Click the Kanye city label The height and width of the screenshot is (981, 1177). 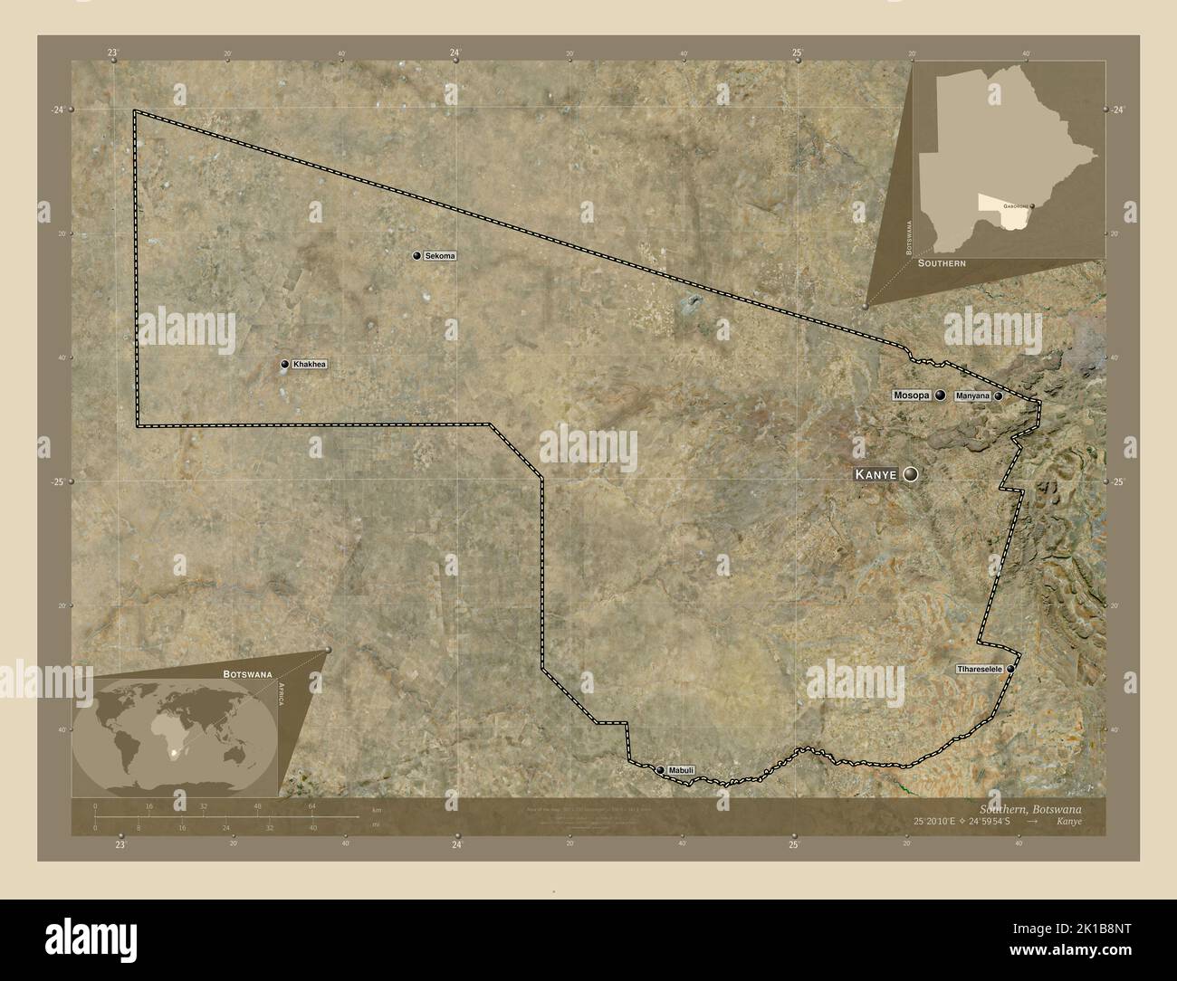click(876, 474)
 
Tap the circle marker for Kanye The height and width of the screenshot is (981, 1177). click(909, 474)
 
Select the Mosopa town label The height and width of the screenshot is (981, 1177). click(911, 395)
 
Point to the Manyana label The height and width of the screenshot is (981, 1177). click(971, 396)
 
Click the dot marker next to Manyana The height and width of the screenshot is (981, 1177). click(998, 396)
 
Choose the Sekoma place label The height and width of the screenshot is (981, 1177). click(440, 256)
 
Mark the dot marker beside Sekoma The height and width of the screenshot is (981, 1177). click(416, 256)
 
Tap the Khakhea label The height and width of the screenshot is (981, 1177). click(309, 365)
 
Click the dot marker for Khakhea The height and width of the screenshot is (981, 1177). click(284, 365)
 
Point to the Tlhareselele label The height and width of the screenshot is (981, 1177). click(980, 669)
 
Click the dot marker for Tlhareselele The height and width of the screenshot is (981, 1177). click(1010, 669)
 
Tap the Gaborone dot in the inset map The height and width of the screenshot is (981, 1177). click(1032, 206)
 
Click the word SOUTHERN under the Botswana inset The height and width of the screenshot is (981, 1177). click(942, 262)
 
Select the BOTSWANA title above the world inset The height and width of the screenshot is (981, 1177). click(248, 675)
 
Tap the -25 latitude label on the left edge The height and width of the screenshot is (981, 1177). click(57, 482)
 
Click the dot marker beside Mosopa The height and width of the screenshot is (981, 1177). click(941, 395)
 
